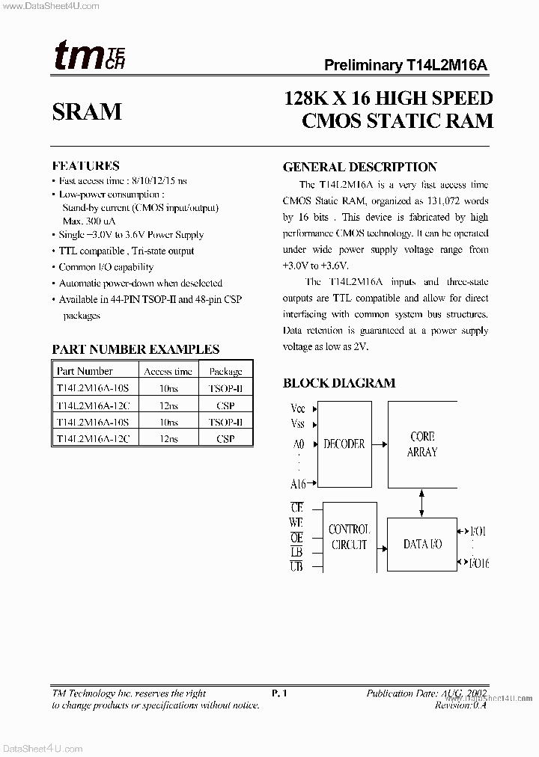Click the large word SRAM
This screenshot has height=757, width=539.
coord(87,111)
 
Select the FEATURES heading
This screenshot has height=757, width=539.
coord(85,165)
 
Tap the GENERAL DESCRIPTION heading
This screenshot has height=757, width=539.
coord(359,167)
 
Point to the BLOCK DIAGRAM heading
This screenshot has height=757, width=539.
coord(338,383)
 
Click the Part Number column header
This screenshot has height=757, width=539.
coord(85,371)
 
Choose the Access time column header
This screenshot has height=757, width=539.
coord(168,371)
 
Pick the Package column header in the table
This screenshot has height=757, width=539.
coord(225,371)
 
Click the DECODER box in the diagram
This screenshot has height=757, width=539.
coord(344,444)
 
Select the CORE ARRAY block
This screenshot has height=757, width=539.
coord(421,444)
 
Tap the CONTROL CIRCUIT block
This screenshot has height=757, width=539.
coord(349,537)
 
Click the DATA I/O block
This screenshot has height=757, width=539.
coord(423,544)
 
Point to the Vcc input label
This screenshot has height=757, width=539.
coord(297,408)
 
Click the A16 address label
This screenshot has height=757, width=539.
coord(297,483)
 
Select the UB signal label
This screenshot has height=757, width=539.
coord(296,566)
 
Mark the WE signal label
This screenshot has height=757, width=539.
coord(296,523)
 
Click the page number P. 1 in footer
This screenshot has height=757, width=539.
coord(280,693)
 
